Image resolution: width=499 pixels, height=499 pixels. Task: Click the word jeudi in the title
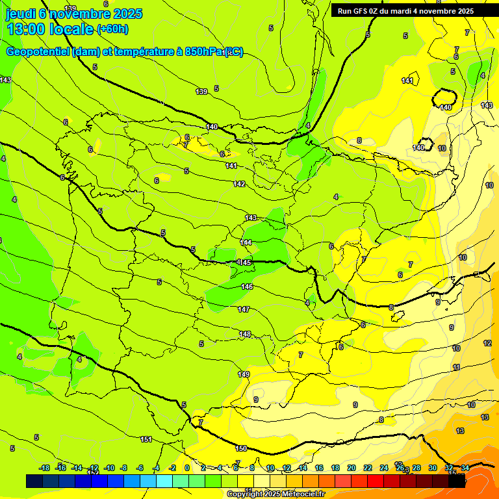tap(21, 14)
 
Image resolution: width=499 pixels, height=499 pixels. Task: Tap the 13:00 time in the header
tap(27, 29)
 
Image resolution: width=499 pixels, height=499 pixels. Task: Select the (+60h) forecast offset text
tap(112, 29)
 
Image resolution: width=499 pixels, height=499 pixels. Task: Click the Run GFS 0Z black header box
tap(405, 10)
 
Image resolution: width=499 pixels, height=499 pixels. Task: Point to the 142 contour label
tap(239, 185)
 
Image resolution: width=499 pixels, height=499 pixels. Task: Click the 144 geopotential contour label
tap(246, 242)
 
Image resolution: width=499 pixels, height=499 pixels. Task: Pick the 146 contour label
tap(247, 287)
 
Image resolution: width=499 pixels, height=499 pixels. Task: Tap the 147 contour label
tap(244, 309)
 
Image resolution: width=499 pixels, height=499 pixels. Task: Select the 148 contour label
tap(245, 335)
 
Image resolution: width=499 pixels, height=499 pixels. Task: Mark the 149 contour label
tap(244, 374)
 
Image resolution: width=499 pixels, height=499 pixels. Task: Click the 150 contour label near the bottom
tap(241, 448)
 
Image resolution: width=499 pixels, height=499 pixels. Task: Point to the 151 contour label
tap(146, 440)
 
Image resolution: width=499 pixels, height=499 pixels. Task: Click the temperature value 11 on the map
tap(456, 368)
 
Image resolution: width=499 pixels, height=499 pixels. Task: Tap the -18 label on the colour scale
tap(45, 468)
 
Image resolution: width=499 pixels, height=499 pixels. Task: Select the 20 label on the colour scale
tap(352, 468)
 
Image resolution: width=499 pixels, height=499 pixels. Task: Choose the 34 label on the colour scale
tap(465, 468)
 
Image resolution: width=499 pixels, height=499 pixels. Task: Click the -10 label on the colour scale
tap(110, 468)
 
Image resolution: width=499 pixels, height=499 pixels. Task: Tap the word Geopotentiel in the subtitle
tap(36, 52)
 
